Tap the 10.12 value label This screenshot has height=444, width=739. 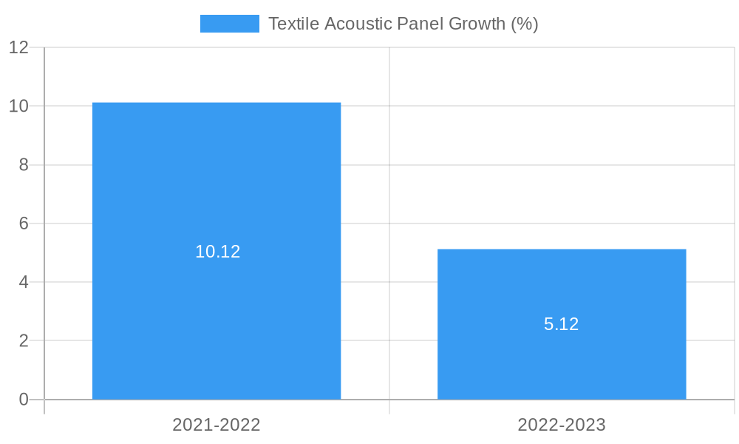(218, 252)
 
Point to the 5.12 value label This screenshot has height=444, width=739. (562, 324)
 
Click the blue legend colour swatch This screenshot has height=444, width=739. (230, 24)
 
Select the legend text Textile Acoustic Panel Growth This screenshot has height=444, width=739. (403, 24)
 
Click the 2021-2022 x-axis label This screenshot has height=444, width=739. (217, 425)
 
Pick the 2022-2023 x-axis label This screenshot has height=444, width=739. (562, 425)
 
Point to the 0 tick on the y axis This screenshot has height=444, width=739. (24, 400)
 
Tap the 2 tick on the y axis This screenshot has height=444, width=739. (24, 341)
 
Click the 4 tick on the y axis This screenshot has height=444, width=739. (24, 282)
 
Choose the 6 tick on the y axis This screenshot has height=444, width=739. (24, 223)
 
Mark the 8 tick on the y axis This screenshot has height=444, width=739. (24, 165)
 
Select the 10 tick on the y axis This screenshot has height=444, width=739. (19, 106)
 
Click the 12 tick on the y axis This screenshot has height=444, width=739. (19, 47)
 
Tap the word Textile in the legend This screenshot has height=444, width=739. (294, 24)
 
